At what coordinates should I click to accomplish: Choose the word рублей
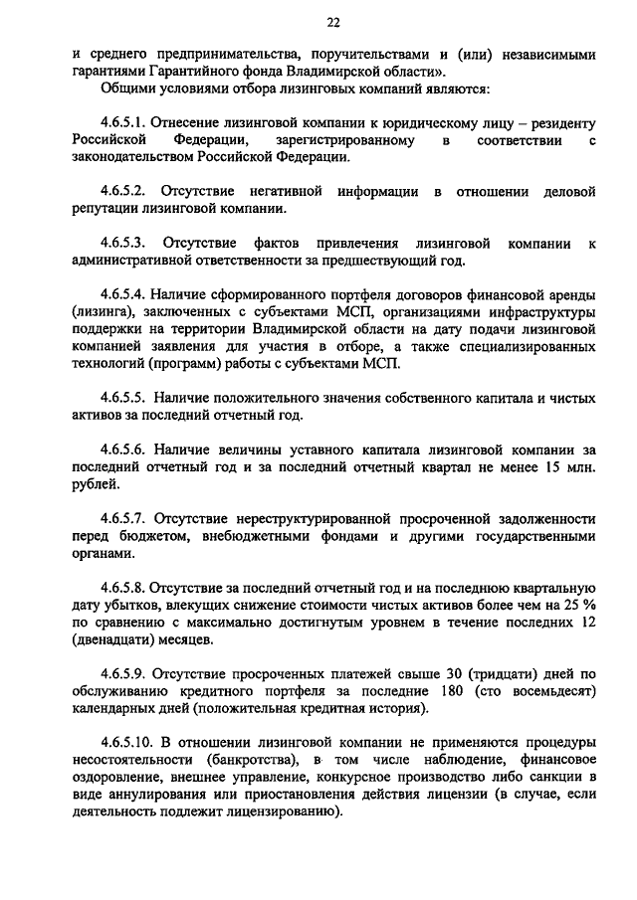97,484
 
